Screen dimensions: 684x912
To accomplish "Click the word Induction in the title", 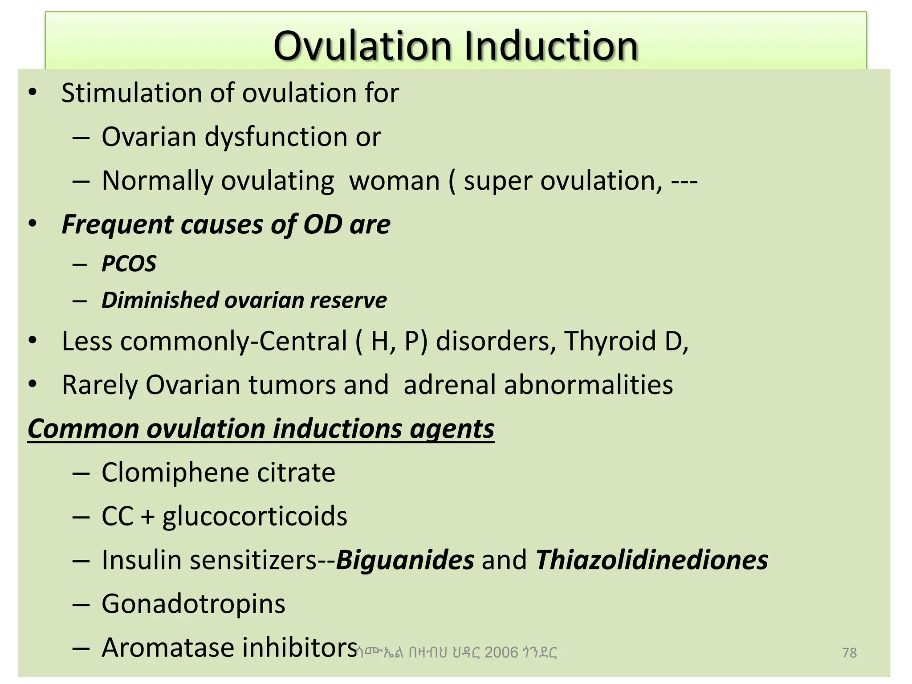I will coord(551,46).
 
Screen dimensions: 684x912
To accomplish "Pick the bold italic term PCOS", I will coord(129,263).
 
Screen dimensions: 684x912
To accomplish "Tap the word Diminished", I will coord(159,300).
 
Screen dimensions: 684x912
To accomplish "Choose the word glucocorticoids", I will coord(255,516).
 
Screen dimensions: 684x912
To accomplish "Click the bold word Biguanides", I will coord(405,560).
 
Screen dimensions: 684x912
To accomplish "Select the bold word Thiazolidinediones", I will coord(652,560).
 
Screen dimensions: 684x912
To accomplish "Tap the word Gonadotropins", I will coord(193,604).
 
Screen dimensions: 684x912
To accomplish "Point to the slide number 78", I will coord(849,653).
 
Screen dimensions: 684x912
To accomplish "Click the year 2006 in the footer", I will coord(501,653).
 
